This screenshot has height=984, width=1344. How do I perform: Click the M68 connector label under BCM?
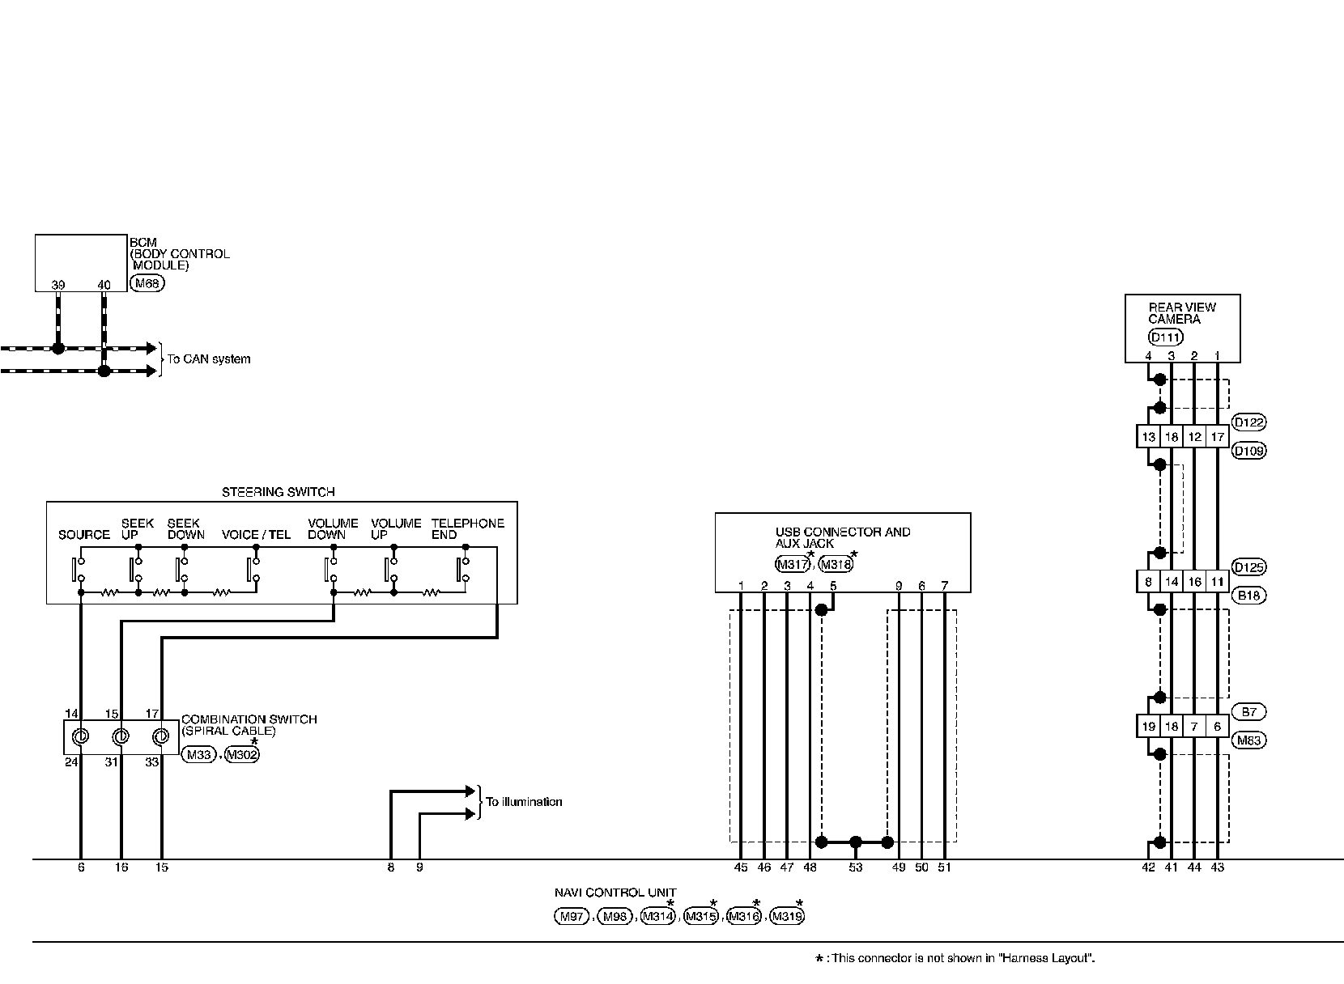pyautogui.click(x=147, y=283)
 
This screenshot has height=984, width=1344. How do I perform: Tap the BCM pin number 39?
pyautogui.click(x=58, y=285)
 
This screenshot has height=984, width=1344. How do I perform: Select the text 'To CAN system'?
pyautogui.click(x=209, y=359)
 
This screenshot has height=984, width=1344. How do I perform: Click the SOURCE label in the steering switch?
pyautogui.click(x=84, y=535)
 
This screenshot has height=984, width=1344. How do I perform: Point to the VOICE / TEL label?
pyautogui.click(x=256, y=535)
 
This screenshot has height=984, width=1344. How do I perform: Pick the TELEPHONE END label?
pyautogui.click(x=467, y=529)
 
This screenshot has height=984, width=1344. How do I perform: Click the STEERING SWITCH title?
pyautogui.click(x=278, y=492)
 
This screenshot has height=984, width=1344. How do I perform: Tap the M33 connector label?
pyautogui.click(x=198, y=755)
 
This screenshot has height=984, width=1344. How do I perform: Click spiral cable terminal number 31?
pyautogui.click(x=112, y=762)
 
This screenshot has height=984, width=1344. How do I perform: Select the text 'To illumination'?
pyautogui.click(x=524, y=802)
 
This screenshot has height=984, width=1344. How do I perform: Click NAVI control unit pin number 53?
pyautogui.click(x=855, y=867)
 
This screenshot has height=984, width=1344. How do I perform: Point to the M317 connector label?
pyautogui.click(x=791, y=564)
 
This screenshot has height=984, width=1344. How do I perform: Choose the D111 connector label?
pyautogui.click(x=1165, y=337)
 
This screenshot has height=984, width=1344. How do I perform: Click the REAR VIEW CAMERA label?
pyautogui.click(x=1182, y=313)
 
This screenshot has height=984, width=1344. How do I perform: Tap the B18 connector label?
pyautogui.click(x=1249, y=596)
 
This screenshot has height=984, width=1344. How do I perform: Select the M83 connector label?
pyautogui.click(x=1249, y=740)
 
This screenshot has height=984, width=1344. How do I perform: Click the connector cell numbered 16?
pyautogui.click(x=1194, y=582)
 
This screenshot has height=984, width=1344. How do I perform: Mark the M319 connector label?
pyautogui.click(x=786, y=917)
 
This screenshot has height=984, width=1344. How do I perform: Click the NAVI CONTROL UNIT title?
pyautogui.click(x=615, y=893)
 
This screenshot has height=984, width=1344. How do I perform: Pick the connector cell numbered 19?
pyautogui.click(x=1148, y=727)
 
